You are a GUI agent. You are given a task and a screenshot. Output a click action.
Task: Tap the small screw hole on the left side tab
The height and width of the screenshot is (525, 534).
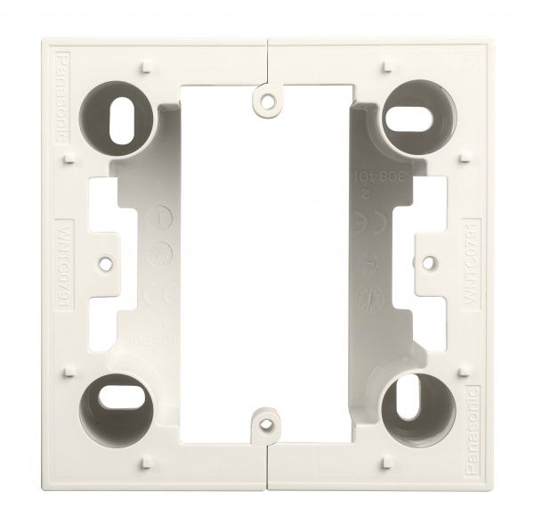click(x=109, y=264)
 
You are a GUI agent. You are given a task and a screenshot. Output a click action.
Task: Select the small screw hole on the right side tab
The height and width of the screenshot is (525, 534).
click(x=425, y=264)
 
